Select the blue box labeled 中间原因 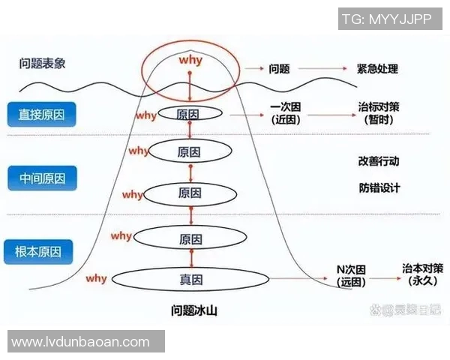coord(42,178)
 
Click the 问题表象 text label coord(42,63)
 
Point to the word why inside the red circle coord(190,58)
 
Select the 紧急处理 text coord(377,69)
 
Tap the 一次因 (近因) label coord(285,113)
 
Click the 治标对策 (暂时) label coord(379,113)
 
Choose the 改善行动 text coord(379,160)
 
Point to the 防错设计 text coord(379,187)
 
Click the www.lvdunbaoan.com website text coord(81,342)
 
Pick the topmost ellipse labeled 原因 coord(189,113)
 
